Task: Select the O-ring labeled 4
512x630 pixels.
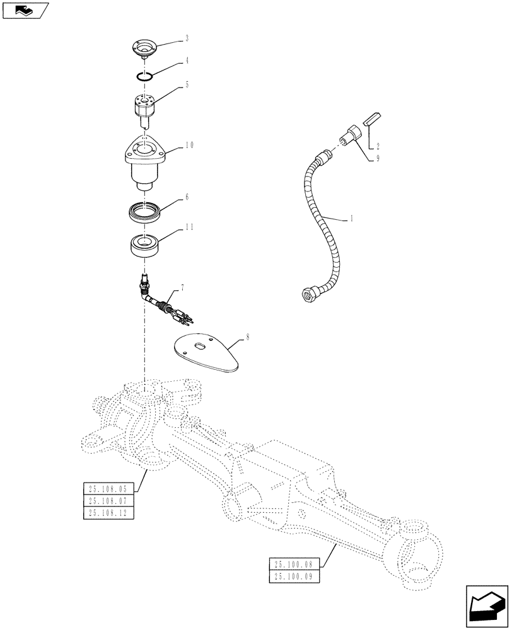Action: pos(146,77)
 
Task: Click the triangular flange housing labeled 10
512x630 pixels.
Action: pos(146,161)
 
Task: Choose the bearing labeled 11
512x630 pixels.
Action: pos(146,244)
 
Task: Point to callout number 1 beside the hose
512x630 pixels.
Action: pos(351,219)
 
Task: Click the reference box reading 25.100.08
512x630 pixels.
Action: pos(294,564)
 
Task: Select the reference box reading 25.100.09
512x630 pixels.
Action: pos(294,576)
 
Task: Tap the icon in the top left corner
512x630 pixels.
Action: pos(25,10)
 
